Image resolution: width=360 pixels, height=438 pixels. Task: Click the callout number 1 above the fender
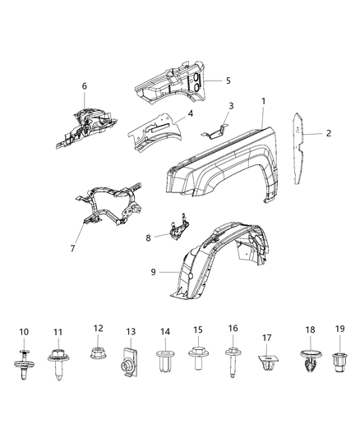click(264, 101)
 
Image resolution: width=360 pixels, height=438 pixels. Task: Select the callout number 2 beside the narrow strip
click(329, 132)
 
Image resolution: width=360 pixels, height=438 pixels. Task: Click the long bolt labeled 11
click(23, 362)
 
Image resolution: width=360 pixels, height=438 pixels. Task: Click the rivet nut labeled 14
click(129, 361)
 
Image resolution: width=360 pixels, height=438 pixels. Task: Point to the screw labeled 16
click(198, 360)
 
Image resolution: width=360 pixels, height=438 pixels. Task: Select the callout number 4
click(190, 114)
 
